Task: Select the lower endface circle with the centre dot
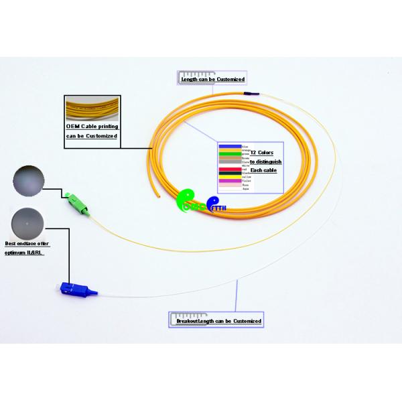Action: pyautogui.click(x=28, y=224)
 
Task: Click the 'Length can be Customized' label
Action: pyautogui.click(x=212, y=79)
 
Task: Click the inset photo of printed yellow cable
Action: pyautogui.click(x=92, y=109)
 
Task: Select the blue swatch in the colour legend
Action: pyautogui.click(x=230, y=145)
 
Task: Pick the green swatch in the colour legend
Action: pyautogui.click(x=230, y=153)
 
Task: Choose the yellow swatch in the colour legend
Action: pyautogui.click(x=230, y=178)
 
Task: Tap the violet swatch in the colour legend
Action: pyautogui.click(x=230, y=182)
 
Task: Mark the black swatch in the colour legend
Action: pyautogui.click(x=230, y=174)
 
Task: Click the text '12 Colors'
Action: pyautogui.click(x=261, y=153)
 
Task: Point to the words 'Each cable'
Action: pyautogui.click(x=263, y=170)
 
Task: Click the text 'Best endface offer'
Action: pyautogui.click(x=27, y=244)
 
